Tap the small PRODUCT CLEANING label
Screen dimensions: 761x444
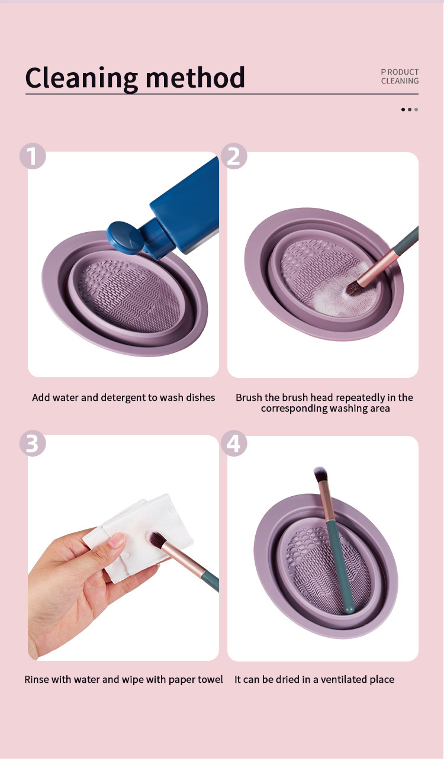click(x=400, y=76)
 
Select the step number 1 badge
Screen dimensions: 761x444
click(x=33, y=156)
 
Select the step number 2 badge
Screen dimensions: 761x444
click(x=234, y=156)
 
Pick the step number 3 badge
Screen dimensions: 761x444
click(x=33, y=444)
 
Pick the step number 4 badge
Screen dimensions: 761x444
click(x=234, y=444)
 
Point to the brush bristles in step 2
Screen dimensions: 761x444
click(x=354, y=287)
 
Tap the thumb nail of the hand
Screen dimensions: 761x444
click(x=117, y=540)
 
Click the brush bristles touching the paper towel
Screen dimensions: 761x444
click(x=156, y=540)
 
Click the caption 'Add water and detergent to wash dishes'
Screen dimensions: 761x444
click(x=123, y=397)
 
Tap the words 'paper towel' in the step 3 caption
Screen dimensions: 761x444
click(x=197, y=679)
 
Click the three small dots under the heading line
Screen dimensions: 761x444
click(x=409, y=110)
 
